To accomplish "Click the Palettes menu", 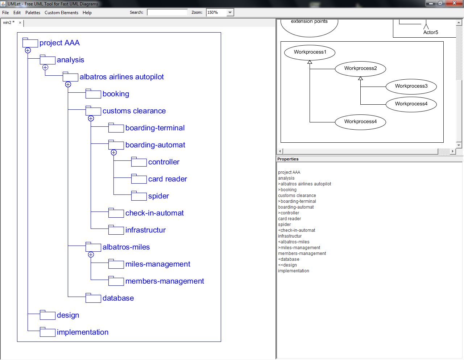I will coord(33,13).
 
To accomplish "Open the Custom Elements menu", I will coord(61,13).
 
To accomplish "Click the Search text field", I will coord(167,12).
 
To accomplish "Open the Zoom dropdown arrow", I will coord(230,13).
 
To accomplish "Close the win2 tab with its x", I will coord(20,23).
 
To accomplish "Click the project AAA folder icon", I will coord(30,43).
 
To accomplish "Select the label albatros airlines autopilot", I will coord(121,77).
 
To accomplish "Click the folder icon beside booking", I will coord(93,94).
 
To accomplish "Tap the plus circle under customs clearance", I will coord(91,118).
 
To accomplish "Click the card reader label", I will coord(167,179).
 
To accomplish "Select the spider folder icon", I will coord(139,196).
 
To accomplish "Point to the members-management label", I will coord(165,281).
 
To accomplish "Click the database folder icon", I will coord(93,298).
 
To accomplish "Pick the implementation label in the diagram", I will coord(83,332).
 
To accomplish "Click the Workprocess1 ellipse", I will coord(310,52).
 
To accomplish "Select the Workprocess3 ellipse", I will coord(411,86).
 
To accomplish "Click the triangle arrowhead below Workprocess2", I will coord(360,78).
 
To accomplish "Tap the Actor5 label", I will coord(431,32).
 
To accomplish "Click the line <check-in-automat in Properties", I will coord(297,230).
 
